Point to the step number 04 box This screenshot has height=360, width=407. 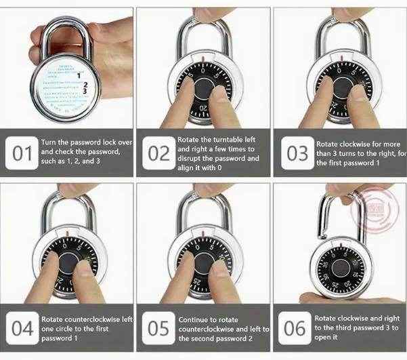tap(22, 329)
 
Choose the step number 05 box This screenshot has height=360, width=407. tap(158, 329)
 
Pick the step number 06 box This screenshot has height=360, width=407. tap(295, 329)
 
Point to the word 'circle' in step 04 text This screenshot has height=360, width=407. tap(70, 328)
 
